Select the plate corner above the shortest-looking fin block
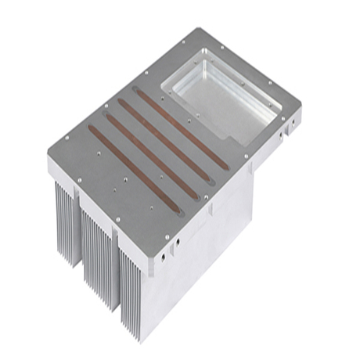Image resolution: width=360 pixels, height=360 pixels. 48,149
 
